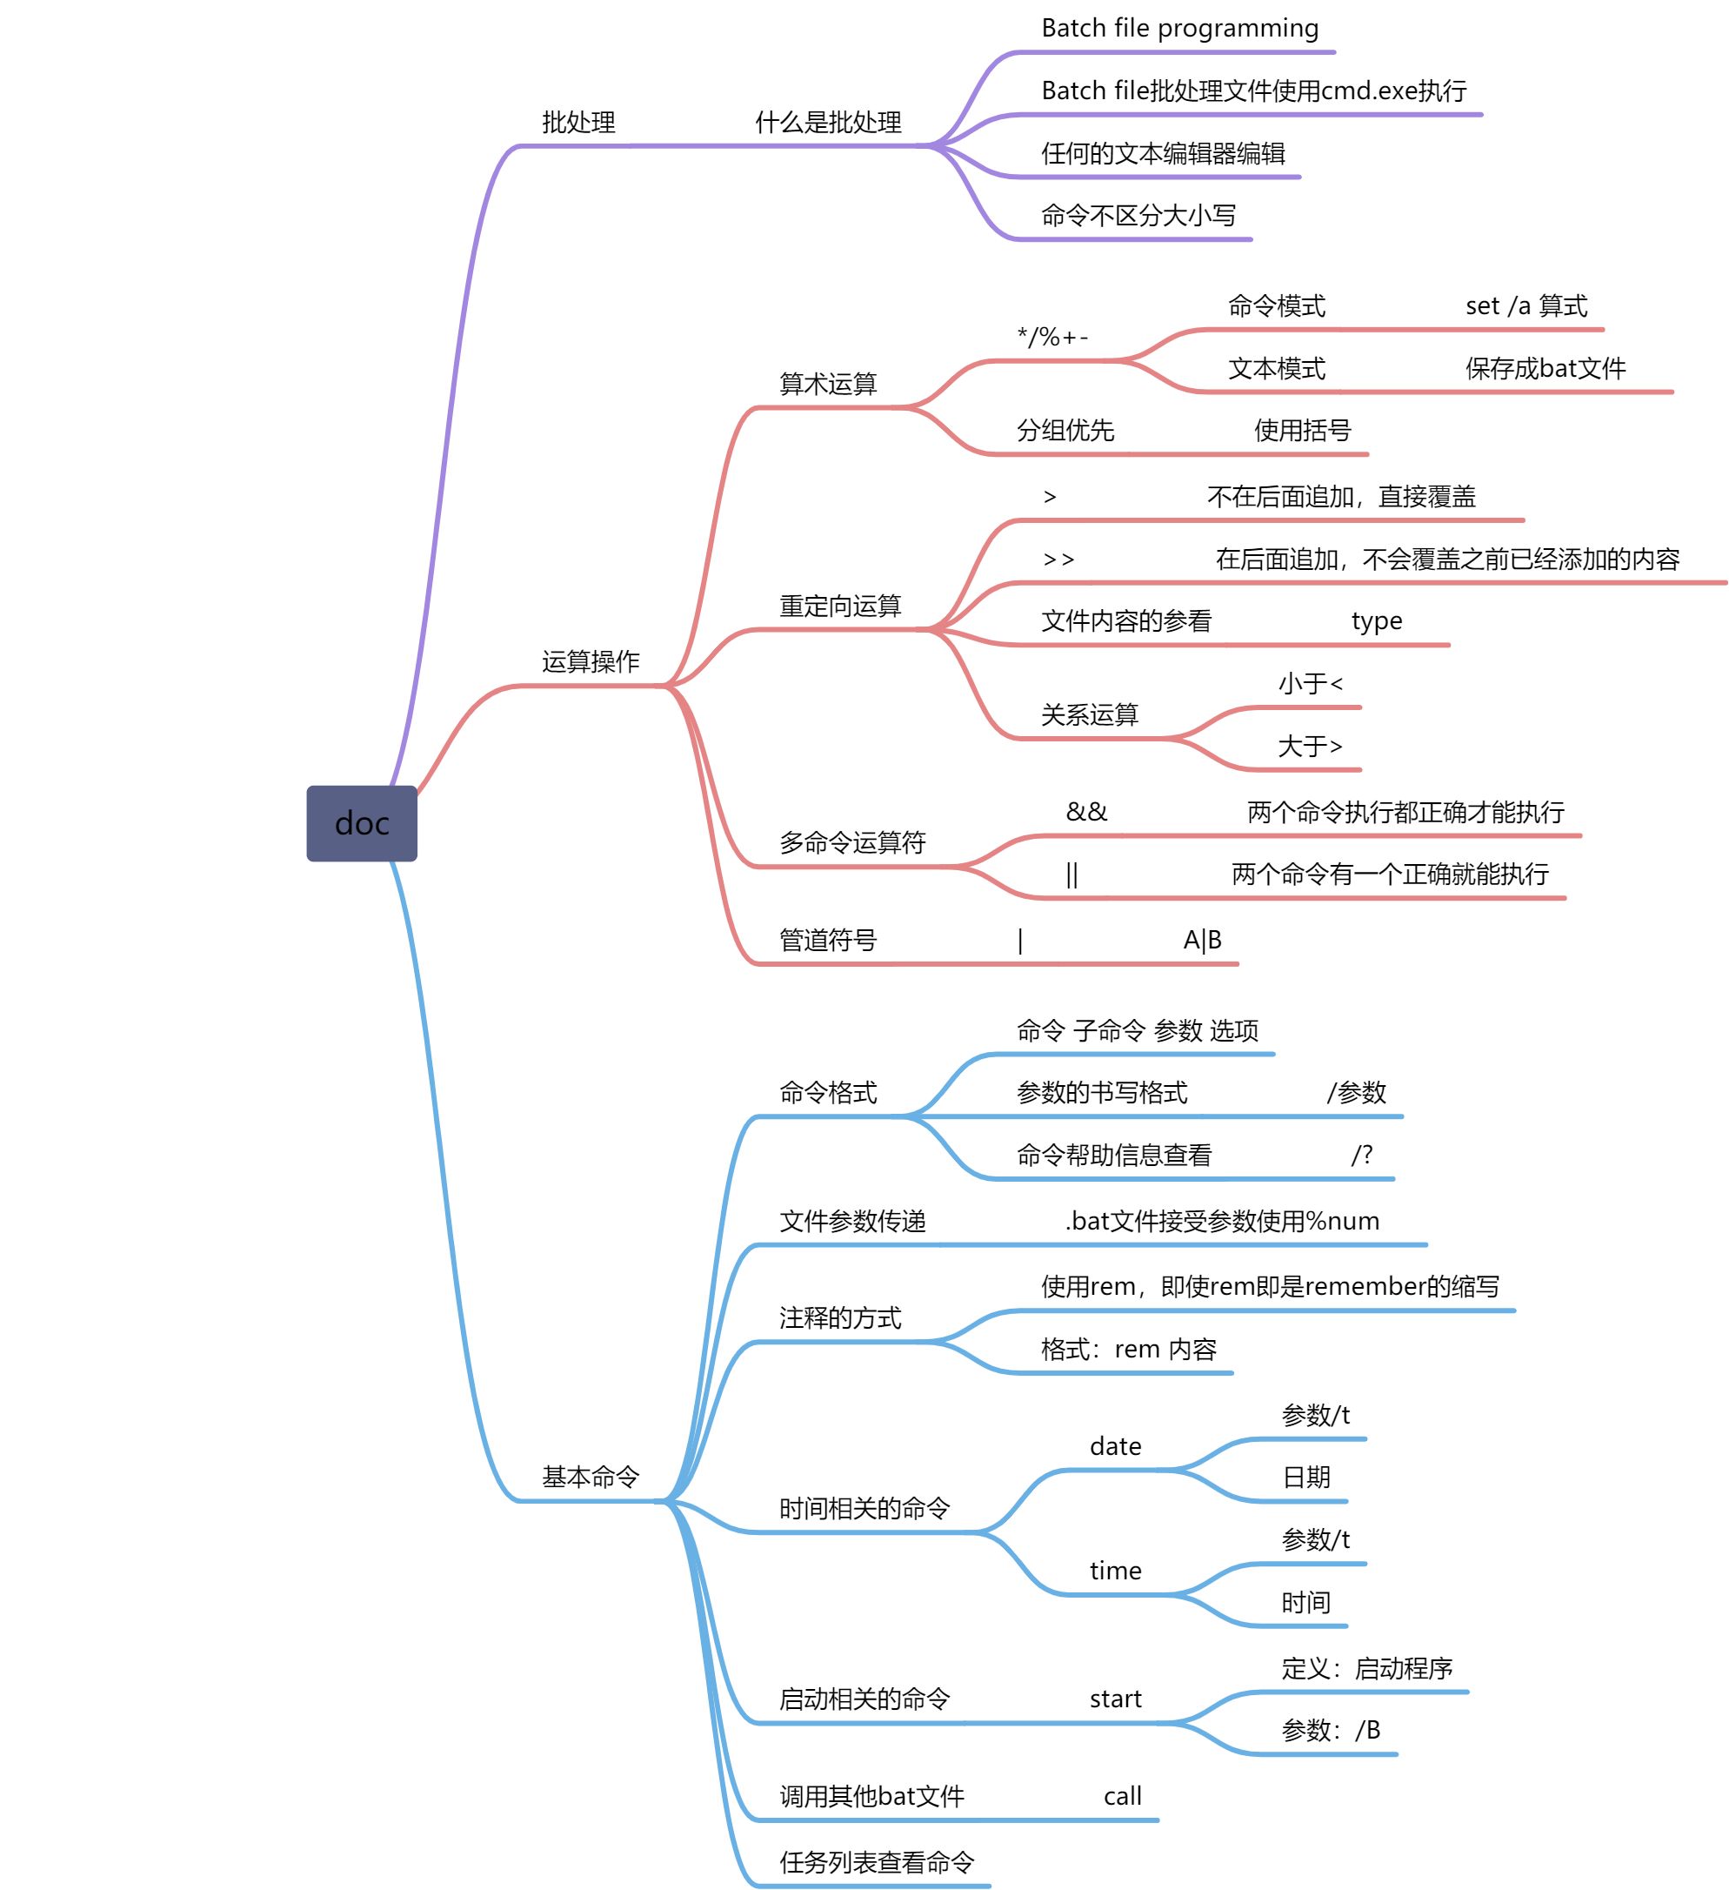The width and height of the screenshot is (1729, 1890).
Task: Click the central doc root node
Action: [362, 823]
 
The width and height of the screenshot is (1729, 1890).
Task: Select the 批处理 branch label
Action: [578, 122]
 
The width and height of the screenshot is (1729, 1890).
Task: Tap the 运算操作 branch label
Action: [591, 662]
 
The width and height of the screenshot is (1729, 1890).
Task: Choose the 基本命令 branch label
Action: [591, 1477]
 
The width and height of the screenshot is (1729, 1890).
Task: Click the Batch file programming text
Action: [1179, 28]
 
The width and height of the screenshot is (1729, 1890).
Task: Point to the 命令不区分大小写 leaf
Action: [1138, 216]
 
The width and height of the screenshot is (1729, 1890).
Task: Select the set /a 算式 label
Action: [1525, 305]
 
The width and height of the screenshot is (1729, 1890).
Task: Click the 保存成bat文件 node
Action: [1545, 368]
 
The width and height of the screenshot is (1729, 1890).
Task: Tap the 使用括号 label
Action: [1302, 431]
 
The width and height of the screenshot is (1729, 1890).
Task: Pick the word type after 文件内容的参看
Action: [1376, 620]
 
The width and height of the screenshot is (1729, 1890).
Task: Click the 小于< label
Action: [1310, 683]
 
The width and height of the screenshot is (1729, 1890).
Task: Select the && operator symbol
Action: [1086, 812]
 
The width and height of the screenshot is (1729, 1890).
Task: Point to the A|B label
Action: [1201, 940]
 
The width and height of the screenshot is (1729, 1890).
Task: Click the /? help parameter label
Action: [1362, 1155]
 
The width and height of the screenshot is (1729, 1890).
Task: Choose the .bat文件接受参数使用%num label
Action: [1221, 1221]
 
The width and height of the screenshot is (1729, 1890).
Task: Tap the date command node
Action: [1115, 1446]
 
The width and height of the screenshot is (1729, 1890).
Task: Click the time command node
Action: [1115, 1572]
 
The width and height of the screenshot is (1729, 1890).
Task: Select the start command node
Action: [1115, 1699]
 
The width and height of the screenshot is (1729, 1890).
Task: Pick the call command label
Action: [1122, 1796]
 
